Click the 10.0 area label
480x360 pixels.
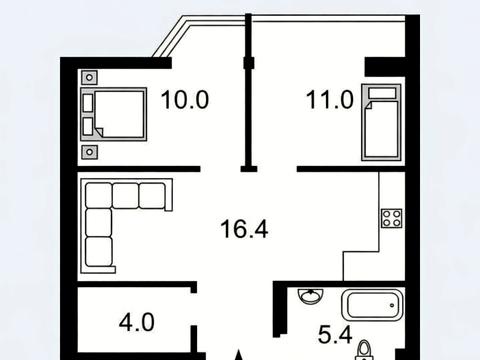pyautogui.click(x=185, y=99)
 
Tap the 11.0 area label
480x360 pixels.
pyautogui.click(x=329, y=100)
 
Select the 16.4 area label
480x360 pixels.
pyautogui.click(x=244, y=229)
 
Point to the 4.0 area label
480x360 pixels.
pyautogui.click(x=137, y=322)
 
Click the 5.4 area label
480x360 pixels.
pyautogui.click(x=335, y=335)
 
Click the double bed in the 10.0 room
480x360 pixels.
pyautogui.click(x=114, y=114)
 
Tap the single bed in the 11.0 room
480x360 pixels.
pyautogui.click(x=381, y=122)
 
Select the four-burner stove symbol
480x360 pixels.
pyautogui.click(x=392, y=218)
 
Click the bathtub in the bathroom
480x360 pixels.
pyautogui.click(x=373, y=305)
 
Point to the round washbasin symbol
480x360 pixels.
pyautogui.click(x=311, y=296)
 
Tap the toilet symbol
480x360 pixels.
pyautogui.click(x=364, y=351)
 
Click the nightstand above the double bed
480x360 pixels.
pyautogui.click(x=89, y=78)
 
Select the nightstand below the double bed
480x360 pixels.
pyautogui.click(x=89, y=152)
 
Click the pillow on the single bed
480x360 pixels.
pyautogui.click(x=382, y=92)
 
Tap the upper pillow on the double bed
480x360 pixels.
pyautogui.click(x=88, y=103)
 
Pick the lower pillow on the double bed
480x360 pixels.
pyautogui.click(x=88, y=126)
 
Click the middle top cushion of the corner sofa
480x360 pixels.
pyautogui.click(x=125, y=196)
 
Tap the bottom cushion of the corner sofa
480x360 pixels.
pyautogui.click(x=99, y=251)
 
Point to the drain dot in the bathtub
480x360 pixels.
pyautogui.click(x=392, y=305)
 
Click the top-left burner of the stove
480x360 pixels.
pyautogui.click(x=387, y=214)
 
